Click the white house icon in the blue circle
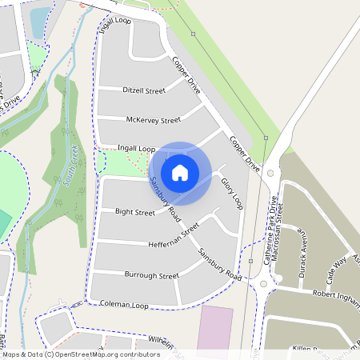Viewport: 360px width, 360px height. tap(180, 171)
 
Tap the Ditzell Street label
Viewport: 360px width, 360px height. tap(144, 90)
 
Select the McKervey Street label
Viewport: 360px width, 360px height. tap(154, 120)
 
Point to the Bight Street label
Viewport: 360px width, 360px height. tap(134, 213)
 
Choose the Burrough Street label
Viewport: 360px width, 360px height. tap(151, 275)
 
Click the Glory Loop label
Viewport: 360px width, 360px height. tap(231, 194)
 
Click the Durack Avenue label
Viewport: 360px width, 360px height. tap(302, 250)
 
